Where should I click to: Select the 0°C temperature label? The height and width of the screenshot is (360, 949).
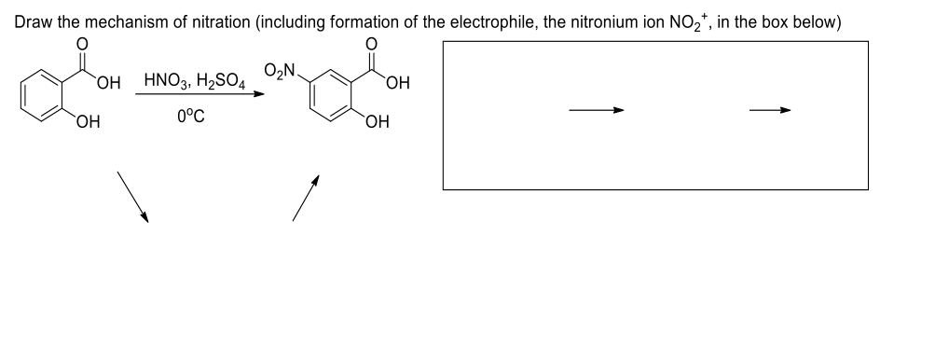pyautogui.click(x=189, y=121)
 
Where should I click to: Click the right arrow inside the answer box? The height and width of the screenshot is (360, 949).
pyautogui.click(x=771, y=111)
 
